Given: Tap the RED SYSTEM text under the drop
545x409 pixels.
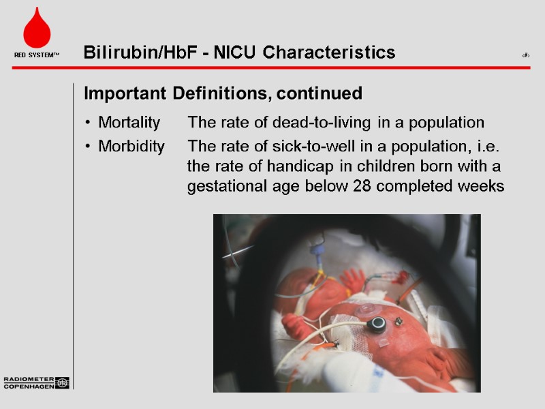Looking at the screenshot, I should click(37, 55).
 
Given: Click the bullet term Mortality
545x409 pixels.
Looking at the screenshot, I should click(129, 123).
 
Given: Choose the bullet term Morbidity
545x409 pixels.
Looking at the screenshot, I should click(131, 147).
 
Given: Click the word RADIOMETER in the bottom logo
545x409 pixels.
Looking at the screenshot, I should click(29, 379).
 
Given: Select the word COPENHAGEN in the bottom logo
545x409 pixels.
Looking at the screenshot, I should click(29, 386).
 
